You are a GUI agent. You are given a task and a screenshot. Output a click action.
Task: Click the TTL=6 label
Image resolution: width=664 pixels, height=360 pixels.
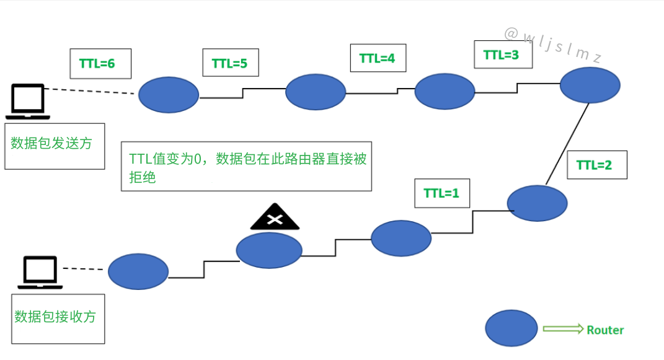coord(100,63)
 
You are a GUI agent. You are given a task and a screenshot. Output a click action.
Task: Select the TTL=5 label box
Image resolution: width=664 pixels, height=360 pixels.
coord(231,63)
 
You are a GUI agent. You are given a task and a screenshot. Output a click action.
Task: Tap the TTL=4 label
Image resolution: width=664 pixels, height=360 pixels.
coord(378,58)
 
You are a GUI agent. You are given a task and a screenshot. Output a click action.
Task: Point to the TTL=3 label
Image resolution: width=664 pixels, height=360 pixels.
coord(503,55)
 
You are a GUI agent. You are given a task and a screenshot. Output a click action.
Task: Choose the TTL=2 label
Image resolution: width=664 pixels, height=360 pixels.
coord(596,165)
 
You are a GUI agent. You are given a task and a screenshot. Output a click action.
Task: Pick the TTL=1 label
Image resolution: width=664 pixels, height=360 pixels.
coord(442,193)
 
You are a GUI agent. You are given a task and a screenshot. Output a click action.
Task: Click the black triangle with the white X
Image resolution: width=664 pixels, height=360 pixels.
coord(275,217)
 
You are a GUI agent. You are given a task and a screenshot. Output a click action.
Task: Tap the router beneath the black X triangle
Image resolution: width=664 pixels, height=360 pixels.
coord(269,250)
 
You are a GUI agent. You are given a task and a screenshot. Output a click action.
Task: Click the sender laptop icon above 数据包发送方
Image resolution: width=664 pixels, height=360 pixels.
coord(28,102)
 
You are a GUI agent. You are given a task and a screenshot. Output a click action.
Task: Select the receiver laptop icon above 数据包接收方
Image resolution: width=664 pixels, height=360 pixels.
coord(40,273)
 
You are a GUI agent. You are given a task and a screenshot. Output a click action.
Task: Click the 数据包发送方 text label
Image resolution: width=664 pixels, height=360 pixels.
coord(51,143)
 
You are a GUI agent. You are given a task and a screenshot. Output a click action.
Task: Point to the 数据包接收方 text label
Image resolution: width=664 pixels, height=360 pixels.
coord(55,317)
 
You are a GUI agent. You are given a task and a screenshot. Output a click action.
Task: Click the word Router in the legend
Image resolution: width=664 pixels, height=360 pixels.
coord(605,330)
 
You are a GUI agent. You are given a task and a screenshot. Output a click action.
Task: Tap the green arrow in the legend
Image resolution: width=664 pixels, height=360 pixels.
coord(563,329)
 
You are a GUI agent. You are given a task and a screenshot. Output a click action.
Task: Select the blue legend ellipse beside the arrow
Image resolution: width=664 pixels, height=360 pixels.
coord(511,328)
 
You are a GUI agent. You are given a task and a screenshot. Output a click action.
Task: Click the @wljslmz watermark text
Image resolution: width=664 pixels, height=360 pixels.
coord(553,45)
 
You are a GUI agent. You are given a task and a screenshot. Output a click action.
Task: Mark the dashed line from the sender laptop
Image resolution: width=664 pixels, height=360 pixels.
coord(90,91)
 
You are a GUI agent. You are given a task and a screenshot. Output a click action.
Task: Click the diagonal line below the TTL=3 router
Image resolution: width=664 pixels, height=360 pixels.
coord(567,144)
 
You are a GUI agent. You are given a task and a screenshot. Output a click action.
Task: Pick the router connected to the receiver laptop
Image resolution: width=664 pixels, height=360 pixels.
coord(138,271)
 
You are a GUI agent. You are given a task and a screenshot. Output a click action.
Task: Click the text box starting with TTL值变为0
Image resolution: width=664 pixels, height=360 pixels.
coord(247,166)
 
